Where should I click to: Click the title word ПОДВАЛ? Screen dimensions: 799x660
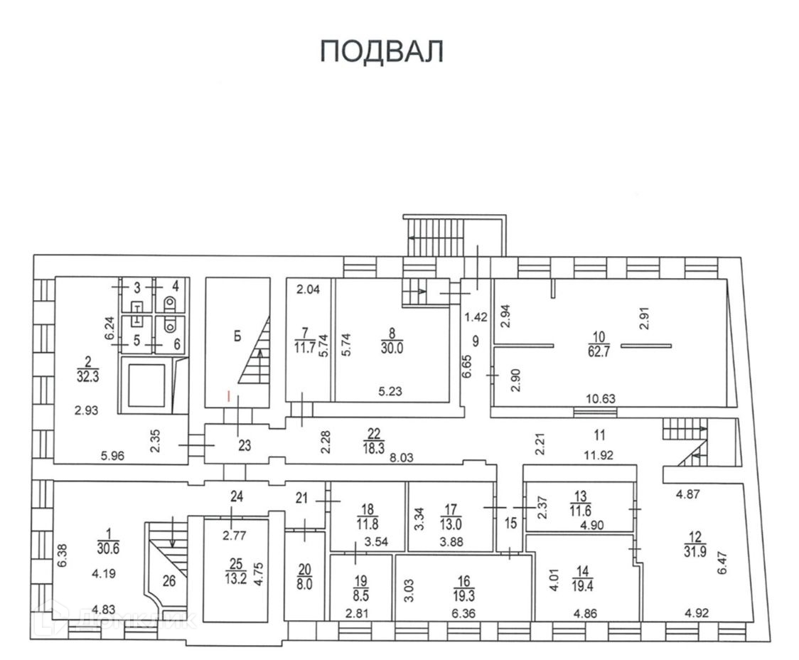click(382, 52)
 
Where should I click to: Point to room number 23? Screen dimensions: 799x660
click(245, 447)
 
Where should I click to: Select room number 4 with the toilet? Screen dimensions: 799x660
click(174, 287)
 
